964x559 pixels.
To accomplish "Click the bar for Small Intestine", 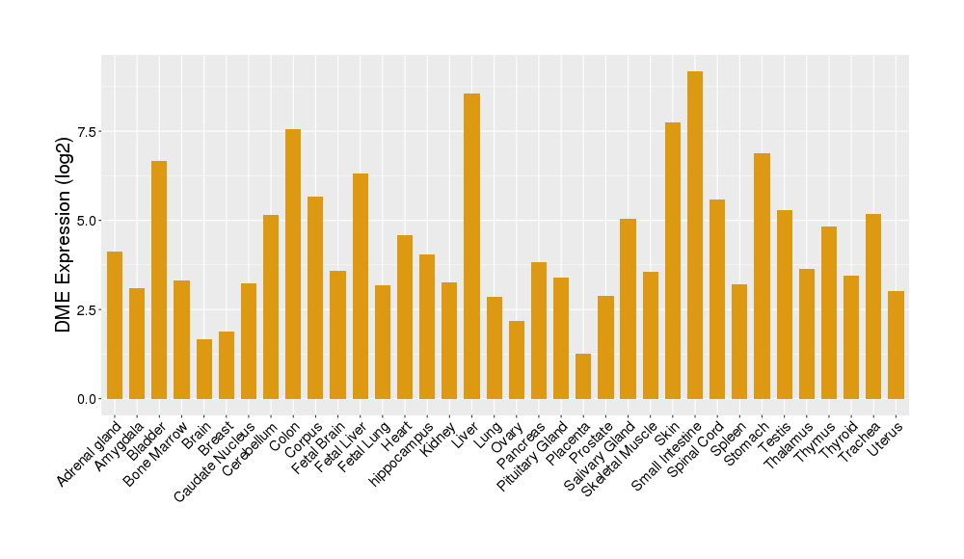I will pyautogui.click(x=695, y=235).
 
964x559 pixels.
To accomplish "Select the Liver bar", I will pyautogui.click(x=471, y=246).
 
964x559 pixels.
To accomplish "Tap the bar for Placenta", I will pyautogui.click(x=583, y=376).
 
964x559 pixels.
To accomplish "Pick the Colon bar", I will pyautogui.click(x=293, y=264).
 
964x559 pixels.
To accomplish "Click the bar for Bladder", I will pyautogui.click(x=159, y=279).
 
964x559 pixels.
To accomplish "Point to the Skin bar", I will pyautogui.click(x=673, y=260).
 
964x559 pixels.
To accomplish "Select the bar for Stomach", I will pyautogui.click(x=762, y=276).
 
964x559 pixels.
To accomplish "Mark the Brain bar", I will pyautogui.click(x=204, y=369).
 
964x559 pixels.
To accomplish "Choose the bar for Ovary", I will pyautogui.click(x=517, y=359).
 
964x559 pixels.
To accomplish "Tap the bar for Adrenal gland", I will pyautogui.click(x=115, y=325).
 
